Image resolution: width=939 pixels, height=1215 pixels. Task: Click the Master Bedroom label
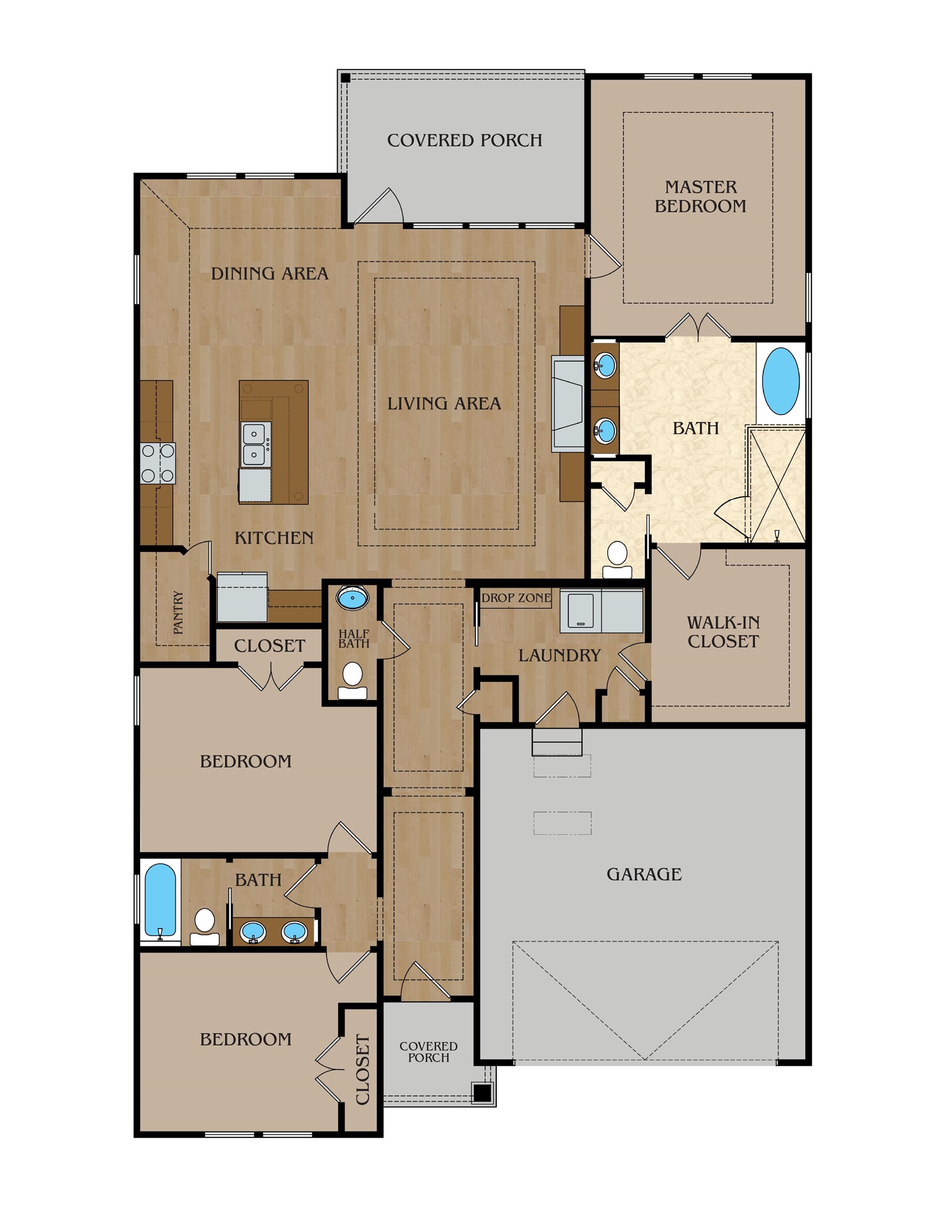point(700,196)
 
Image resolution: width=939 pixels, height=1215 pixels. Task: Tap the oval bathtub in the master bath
point(780,381)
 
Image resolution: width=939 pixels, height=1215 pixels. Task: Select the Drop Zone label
point(516,598)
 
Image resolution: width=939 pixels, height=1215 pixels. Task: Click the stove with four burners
point(158,463)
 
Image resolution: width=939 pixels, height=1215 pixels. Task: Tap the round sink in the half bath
point(352,600)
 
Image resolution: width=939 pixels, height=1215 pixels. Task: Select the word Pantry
point(179,612)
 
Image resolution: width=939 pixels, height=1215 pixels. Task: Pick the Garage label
point(644,874)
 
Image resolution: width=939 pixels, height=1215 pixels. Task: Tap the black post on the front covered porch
point(481,1093)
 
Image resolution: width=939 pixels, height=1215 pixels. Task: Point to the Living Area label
point(444,403)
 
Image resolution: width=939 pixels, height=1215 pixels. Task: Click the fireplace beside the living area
point(568,403)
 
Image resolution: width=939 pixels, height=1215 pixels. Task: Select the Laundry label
point(559,655)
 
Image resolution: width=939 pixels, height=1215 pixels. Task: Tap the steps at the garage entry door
point(557,742)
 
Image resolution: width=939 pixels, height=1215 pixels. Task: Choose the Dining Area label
point(270,273)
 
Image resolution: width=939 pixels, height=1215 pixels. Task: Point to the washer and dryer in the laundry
point(602,611)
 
